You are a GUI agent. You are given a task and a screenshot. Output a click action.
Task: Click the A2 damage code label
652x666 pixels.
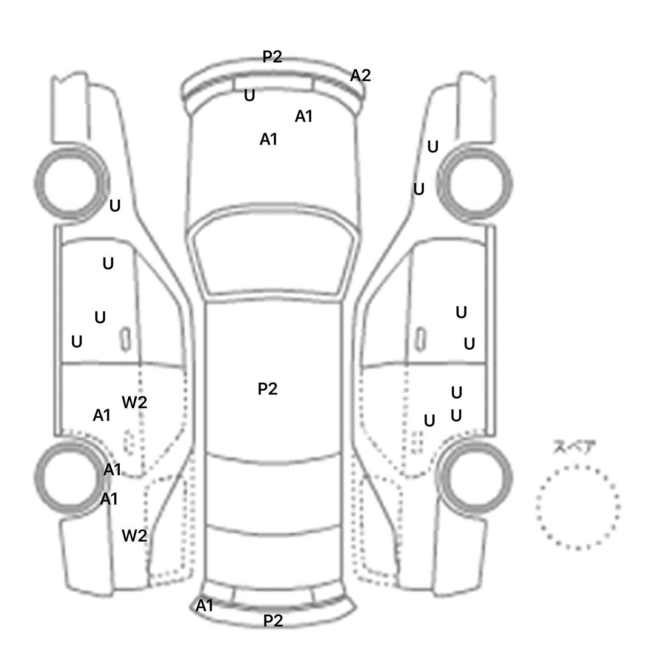360,76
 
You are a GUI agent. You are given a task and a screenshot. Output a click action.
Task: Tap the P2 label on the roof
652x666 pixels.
267,389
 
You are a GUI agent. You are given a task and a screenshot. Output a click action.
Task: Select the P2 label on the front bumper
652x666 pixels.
272,56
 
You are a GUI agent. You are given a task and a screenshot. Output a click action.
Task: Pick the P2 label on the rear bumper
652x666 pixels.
273,621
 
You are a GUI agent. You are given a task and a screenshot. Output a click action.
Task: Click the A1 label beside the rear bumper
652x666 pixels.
204,606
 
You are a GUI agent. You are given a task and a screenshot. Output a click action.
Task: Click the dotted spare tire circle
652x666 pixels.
577,507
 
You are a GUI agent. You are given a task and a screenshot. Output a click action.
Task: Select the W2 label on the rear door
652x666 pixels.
134,402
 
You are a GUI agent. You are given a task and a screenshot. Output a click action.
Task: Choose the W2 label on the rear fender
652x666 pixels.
134,536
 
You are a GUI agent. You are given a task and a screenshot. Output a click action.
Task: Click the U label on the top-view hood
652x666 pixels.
250,96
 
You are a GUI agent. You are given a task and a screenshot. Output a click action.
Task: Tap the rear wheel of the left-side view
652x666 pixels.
70,477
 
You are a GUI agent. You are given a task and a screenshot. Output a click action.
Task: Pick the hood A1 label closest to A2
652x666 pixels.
304,116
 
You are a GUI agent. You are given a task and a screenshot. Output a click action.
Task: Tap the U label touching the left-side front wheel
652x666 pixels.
115,206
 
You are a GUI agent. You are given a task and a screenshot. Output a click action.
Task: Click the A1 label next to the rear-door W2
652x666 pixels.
102,415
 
